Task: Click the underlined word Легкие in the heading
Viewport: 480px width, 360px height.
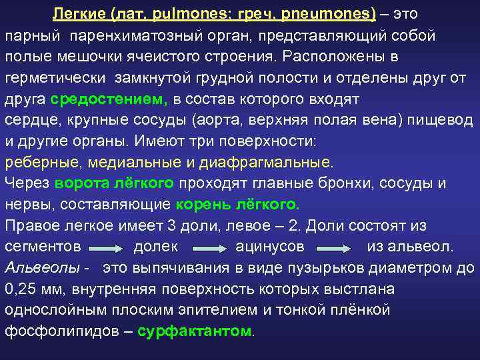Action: coord(74,13)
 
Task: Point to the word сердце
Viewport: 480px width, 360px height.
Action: coord(27,121)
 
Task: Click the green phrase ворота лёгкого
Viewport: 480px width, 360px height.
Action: coord(115,183)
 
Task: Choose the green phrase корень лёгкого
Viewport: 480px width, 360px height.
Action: coord(237,204)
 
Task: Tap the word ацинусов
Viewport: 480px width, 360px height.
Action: coord(270,247)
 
